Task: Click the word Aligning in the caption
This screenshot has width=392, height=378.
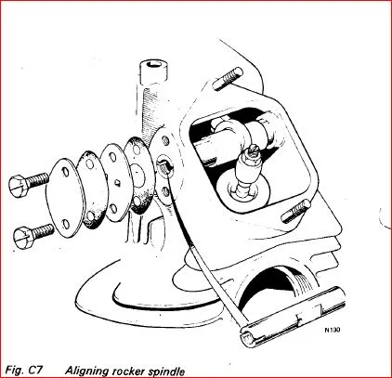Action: coord(89,370)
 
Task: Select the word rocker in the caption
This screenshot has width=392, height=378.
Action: coord(137,370)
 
